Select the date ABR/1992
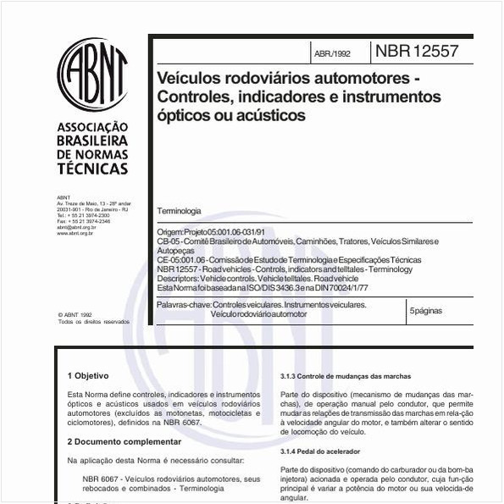pos(332,53)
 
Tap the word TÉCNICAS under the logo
pos(92,168)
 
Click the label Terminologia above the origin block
pos(179,210)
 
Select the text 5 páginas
pos(425,311)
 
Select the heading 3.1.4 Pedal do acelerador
pos(320,451)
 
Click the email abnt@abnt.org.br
pos(76,228)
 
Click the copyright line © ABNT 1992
pos(75,314)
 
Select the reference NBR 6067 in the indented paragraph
pos(101,479)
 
